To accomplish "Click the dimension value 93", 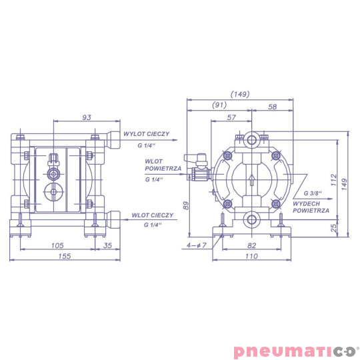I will pyautogui.click(x=87, y=117).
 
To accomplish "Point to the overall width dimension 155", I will pyautogui.click(x=64, y=256).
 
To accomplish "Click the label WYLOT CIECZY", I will pyautogui.click(x=145, y=133).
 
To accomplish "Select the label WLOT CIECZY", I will pyautogui.click(x=153, y=215).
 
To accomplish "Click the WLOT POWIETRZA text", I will pyautogui.click(x=163, y=165).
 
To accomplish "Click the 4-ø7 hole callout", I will pyautogui.click(x=198, y=245).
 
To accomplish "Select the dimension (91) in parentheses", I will pyautogui.click(x=219, y=105).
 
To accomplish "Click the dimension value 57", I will pyautogui.click(x=231, y=117).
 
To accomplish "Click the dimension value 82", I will pyautogui.click(x=251, y=245).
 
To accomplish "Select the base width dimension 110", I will pyautogui.click(x=251, y=256).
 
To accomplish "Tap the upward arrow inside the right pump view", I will pyautogui.click(x=251, y=180).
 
